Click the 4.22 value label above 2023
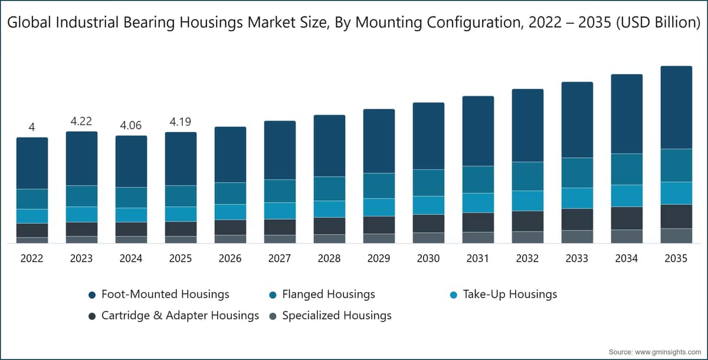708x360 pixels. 81,121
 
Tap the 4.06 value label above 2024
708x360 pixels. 131,125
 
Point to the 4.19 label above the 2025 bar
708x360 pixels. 181,122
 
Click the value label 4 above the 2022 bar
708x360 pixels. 32,127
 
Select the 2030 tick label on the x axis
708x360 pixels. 428,258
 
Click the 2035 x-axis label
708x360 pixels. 676,258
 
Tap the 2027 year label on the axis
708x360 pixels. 280,258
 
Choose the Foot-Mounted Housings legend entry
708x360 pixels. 159,294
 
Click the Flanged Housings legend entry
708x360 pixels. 322,294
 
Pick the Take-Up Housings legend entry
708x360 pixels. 503,294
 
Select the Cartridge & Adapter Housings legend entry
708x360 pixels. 174,315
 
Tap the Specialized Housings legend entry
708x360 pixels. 330,315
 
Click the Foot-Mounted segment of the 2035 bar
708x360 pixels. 676,107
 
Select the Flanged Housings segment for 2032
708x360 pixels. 528,176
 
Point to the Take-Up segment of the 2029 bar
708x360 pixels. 379,207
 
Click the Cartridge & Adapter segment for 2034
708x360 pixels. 627,218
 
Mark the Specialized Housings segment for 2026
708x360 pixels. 231,239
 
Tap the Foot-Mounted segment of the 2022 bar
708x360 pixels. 32,163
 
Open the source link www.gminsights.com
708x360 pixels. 668,352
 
